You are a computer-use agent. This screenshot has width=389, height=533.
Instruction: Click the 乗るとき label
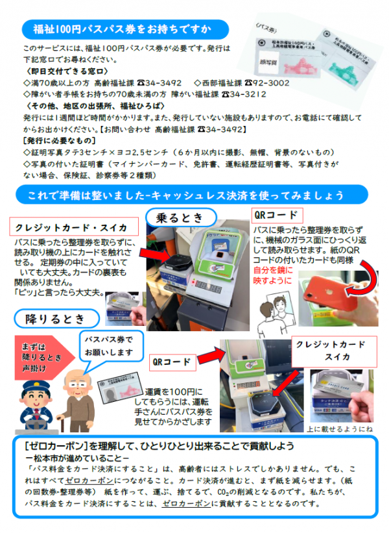[x=184, y=215]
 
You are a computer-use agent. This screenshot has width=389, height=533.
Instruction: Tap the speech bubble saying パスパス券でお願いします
[x=109, y=346]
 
